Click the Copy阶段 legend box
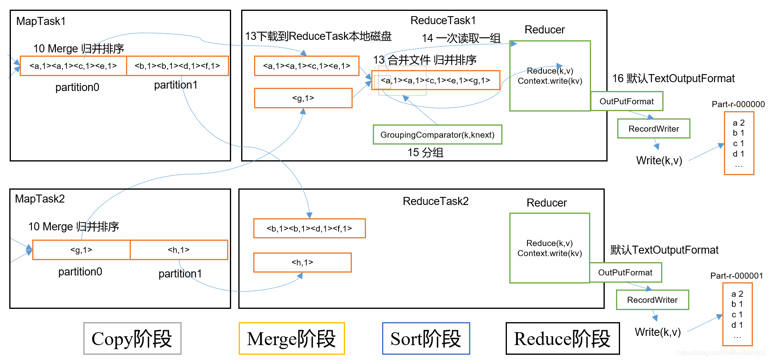(x=132, y=338)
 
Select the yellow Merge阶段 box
(x=291, y=338)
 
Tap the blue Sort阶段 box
(x=426, y=338)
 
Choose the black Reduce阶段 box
(x=562, y=338)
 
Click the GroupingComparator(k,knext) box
(x=437, y=134)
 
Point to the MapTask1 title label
(x=41, y=21)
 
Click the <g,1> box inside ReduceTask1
(x=303, y=98)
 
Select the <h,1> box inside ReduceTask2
(x=302, y=263)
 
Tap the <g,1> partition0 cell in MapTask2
(x=81, y=250)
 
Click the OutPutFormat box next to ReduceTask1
(x=626, y=101)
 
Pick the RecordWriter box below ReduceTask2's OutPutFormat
(x=652, y=300)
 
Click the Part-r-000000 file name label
(x=738, y=104)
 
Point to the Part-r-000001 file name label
(x=736, y=275)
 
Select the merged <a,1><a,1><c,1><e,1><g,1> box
(x=436, y=80)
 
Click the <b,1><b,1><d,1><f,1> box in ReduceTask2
(x=309, y=228)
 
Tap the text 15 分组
(x=425, y=153)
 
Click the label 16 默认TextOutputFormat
(x=673, y=79)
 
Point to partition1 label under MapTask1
(x=176, y=85)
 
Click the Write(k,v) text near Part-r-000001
(x=657, y=332)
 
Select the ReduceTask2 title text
(x=436, y=201)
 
